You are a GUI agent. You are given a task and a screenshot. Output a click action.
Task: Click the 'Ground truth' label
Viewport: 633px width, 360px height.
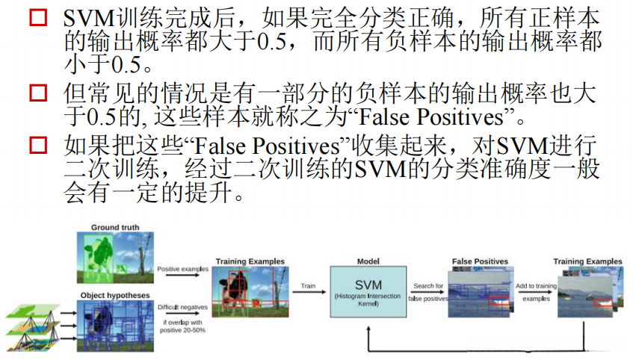(115, 226)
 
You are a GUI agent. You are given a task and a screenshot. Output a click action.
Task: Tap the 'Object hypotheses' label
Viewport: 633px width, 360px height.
(115, 295)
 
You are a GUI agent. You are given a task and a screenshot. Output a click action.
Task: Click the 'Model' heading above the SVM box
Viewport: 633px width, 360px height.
(368, 262)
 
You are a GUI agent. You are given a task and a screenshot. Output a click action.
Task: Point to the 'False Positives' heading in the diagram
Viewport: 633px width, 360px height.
(480, 262)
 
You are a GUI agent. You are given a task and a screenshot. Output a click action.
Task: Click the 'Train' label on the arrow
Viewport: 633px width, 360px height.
(308, 285)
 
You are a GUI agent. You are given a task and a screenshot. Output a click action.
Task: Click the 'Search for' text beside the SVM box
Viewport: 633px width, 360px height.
(427, 285)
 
